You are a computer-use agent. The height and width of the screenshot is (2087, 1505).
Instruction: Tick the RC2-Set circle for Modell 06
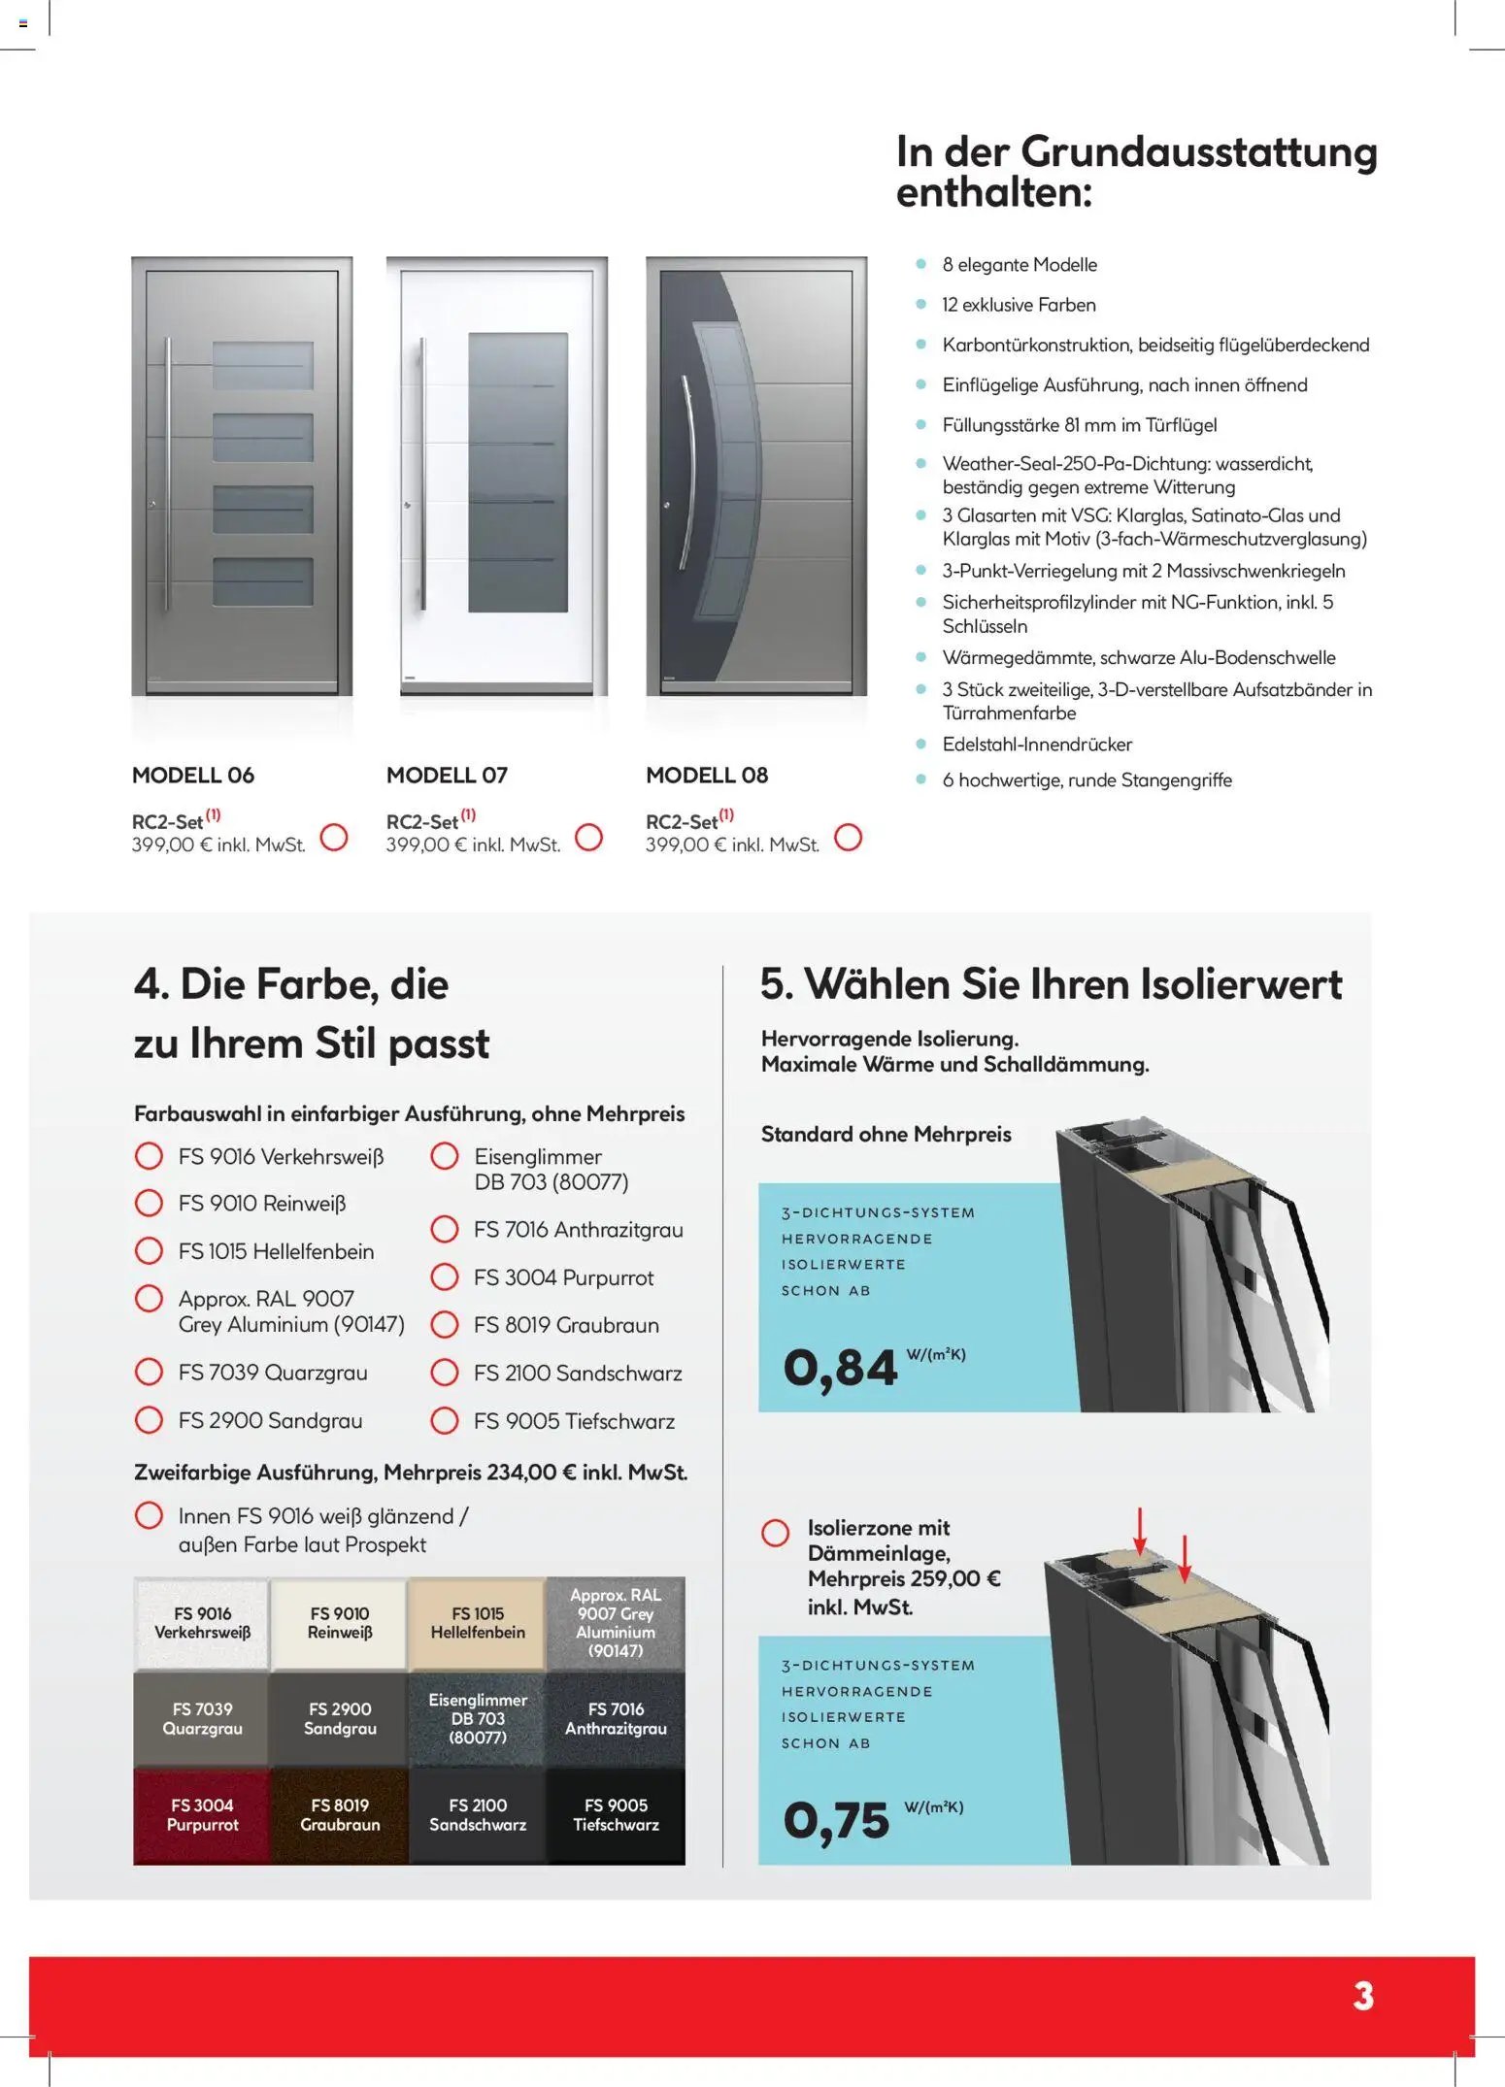pyautogui.click(x=334, y=837)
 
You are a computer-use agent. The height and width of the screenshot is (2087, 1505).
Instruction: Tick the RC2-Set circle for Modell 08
pyautogui.click(x=848, y=837)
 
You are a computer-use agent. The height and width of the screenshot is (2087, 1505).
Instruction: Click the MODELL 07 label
pyautogui.click(x=447, y=775)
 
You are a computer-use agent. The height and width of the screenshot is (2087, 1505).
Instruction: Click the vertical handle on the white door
pyautogui.click(x=422, y=476)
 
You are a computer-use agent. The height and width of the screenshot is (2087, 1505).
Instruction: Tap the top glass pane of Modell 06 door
pyautogui.click(x=263, y=365)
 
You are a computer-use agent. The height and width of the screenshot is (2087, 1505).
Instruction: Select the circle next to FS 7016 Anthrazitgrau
pyautogui.click(x=445, y=1229)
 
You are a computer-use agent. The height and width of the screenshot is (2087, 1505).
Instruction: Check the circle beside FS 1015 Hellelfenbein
pyautogui.click(x=149, y=1250)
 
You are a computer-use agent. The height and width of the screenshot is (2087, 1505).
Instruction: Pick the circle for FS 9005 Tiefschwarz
pyautogui.click(x=445, y=1420)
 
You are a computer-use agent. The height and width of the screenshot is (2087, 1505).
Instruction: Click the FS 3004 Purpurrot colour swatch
pyautogui.click(x=202, y=1814)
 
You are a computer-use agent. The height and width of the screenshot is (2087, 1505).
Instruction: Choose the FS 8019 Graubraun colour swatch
pyautogui.click(x=340, y=1814)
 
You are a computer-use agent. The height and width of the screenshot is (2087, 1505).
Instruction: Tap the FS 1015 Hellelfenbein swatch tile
pyautogui.click(x=478, y=1623)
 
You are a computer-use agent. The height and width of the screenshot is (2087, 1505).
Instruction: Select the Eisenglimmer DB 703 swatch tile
pyautogui.click(x=478, y=1718)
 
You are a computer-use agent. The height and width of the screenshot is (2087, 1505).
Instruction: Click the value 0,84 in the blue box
pyautogui.click(x=840, y=1368)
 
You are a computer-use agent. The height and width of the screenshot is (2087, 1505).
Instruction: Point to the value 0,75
pyautogui.click(x=836, y=1820)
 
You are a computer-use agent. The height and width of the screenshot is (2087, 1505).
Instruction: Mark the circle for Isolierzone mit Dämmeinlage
pyautogui.click(x=776, y=1533)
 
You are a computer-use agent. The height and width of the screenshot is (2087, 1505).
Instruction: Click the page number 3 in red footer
pyautogui.click(x=1363, y=1997)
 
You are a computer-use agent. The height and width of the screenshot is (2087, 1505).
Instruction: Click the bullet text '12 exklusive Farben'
pyautogui.click(x=1019, y=305)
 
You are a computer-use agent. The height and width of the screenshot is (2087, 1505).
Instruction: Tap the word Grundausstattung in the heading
pyautogui.click(x=1199, y=152)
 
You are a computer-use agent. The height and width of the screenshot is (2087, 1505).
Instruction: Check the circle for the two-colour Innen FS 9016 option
pyautogui.click(x=149, y=1515)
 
